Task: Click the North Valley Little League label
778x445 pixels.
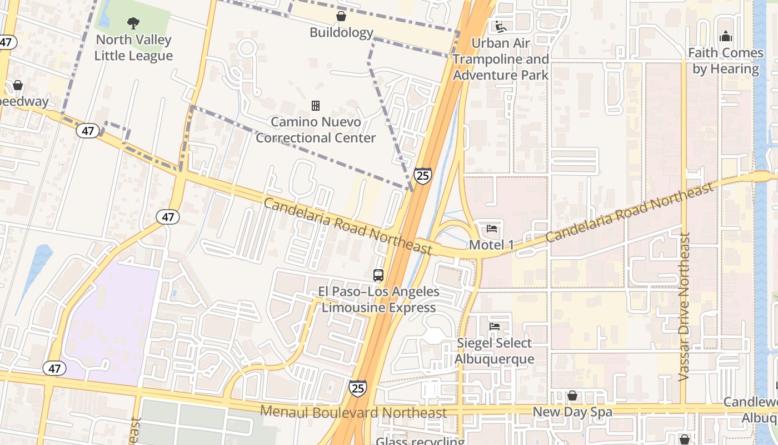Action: point(133,48)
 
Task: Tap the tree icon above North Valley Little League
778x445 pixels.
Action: point(133,23)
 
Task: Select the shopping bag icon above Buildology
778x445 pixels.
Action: point(341,16)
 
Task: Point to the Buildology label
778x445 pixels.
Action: point(341,33)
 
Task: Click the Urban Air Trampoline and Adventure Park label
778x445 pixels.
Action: point(501,59)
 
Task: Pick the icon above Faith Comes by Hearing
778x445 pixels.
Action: point(725,36)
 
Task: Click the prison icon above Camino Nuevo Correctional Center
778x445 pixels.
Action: point(316,105)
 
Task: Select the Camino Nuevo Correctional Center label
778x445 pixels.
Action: point(316,130)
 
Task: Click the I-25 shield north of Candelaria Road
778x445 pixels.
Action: point(423,176)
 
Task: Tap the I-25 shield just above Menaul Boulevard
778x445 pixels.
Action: point(358,388)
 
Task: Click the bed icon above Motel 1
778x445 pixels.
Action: point(492,228)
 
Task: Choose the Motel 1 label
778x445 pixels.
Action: point(492,245)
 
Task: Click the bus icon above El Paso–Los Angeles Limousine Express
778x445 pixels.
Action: point(378,275)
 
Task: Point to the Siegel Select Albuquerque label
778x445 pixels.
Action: point(494,351)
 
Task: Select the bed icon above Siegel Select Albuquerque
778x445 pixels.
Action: point(494,327)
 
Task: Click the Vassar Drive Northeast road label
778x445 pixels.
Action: point(684,306)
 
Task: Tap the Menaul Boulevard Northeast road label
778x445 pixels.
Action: point(353,412)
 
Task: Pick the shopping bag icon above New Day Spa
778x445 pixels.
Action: point(572,395)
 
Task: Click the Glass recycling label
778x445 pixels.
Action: point(420,441)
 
